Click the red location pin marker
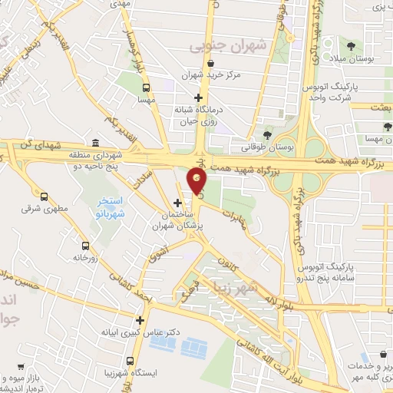(197, 181)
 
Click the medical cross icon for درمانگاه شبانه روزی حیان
(200, 97)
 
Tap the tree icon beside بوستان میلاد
(351, 46)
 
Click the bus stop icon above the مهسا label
(144, 88)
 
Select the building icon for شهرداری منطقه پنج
(94, 143)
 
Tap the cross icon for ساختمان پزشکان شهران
(178, 203)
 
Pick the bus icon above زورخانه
(84, 246)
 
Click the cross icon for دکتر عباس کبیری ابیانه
(140, 320)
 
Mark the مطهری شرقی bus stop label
(51, 208)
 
